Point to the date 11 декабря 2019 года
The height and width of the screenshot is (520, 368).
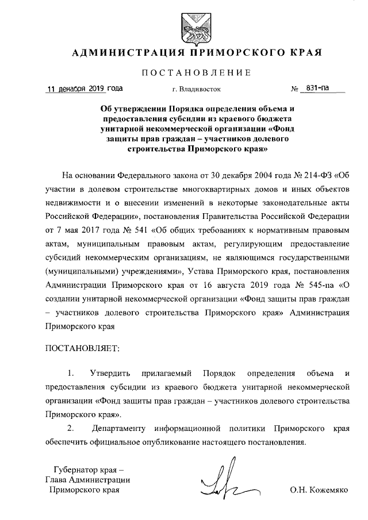[x=85, y=89]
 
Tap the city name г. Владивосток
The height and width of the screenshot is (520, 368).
[x=196, y=90]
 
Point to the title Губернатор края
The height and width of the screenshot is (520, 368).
[x=85, y=469]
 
